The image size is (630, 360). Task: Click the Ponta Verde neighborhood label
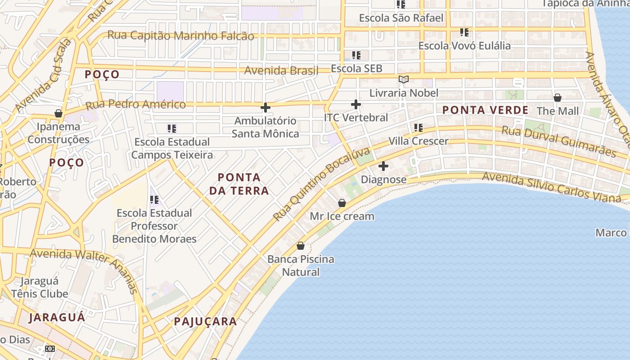[485, 110]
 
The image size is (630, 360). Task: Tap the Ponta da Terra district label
[239, 184]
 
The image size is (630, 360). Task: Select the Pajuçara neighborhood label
[205, 321]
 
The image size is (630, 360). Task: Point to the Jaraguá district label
[57, 317]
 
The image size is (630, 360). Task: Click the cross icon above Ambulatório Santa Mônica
[265, 108]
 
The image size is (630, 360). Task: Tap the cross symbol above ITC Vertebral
[356, 104]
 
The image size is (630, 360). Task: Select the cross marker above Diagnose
[383, 166]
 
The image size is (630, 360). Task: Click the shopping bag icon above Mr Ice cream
[342, 203]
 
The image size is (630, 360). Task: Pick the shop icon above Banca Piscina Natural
[301, 246]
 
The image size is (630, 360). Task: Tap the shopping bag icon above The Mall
[558, 98]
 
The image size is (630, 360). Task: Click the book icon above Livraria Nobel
[404, 80]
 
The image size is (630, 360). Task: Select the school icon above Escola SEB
[356, 55]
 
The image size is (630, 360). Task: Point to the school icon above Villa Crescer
[418, 128]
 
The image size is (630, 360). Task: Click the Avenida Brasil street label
[281, 71]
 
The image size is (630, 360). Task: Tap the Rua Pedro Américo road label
[135, 105]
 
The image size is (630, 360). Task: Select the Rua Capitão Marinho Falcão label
[180, 36]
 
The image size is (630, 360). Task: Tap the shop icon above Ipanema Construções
[58, 113]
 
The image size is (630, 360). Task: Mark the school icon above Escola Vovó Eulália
[464, 32]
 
